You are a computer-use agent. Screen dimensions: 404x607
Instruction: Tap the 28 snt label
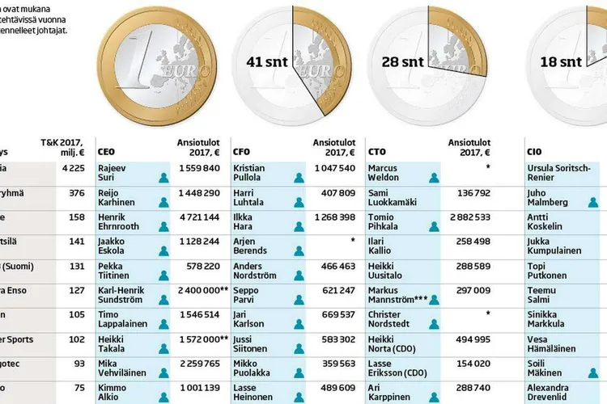398,61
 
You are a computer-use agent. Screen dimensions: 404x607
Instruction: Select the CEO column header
105,150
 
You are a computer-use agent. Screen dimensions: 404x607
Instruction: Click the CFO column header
241,150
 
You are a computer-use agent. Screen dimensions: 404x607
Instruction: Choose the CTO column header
376,150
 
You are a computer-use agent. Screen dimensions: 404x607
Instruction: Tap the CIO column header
534,150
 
